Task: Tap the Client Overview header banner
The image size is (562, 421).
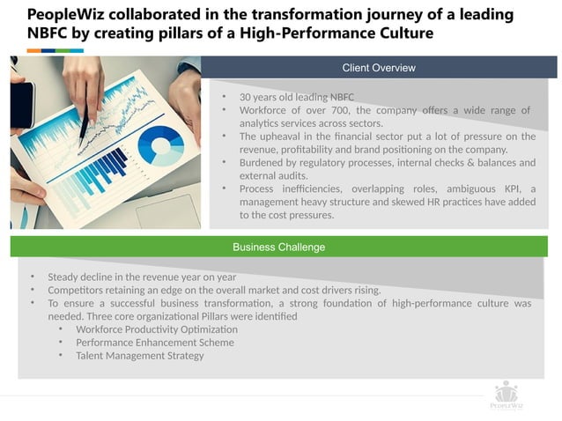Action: point(379,68)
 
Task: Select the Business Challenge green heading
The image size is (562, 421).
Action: point(278,247)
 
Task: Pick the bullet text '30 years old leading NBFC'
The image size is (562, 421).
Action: point(297,97)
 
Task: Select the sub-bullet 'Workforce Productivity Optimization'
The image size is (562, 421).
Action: point(157,329)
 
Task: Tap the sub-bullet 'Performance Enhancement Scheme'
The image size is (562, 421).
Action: point(155,343)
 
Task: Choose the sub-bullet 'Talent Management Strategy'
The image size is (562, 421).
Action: point(140,356)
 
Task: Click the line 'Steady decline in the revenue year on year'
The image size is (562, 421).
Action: point(136,277)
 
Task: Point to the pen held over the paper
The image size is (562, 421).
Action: point(85,128)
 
